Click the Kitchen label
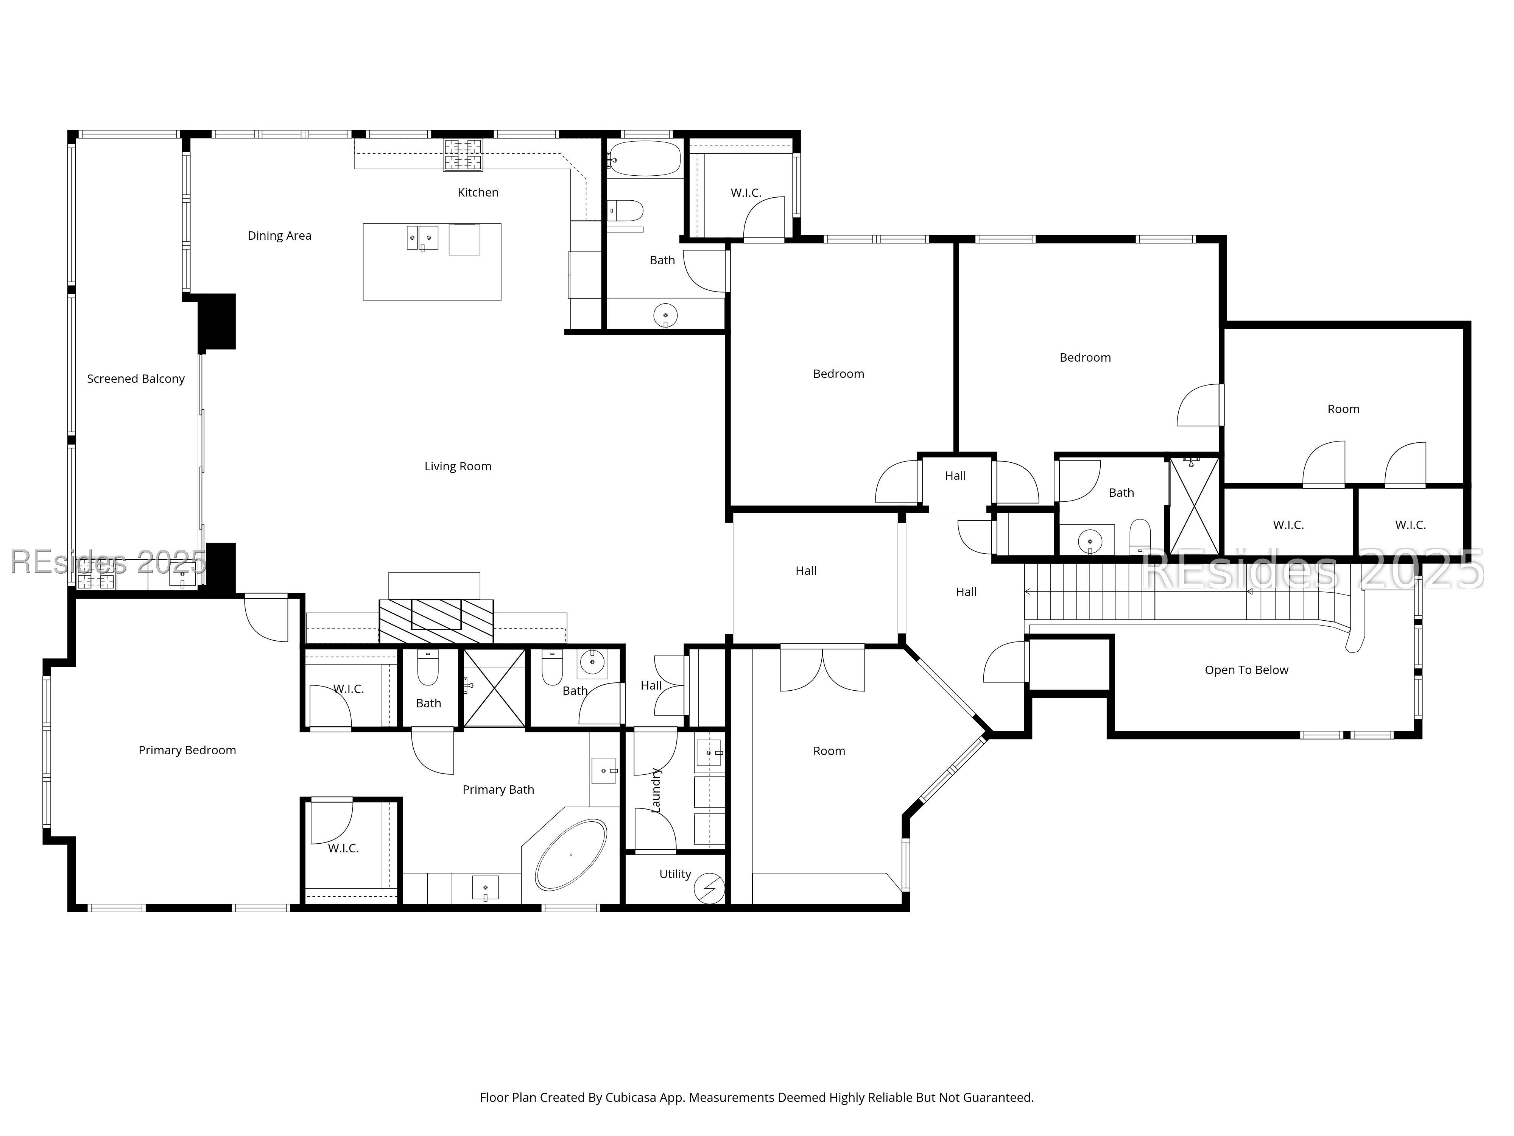(478, 192)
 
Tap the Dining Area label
(279, 236)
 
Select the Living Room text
(458, 466)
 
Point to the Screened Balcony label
(136, 379)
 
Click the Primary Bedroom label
(187, 751)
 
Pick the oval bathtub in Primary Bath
(571, 855)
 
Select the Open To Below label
(1246, 670)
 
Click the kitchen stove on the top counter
(463, 155)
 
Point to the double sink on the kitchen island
(422, 237)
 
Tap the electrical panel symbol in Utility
(709, 888)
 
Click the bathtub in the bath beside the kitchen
(644, 159)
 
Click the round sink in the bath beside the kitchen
(665, 316)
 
